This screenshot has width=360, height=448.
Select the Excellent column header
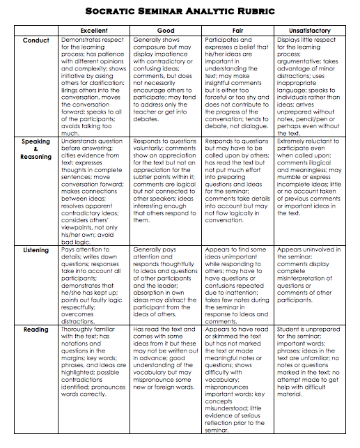(94, 31)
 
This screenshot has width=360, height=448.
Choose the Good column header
(166, 31)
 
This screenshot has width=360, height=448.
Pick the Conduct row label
(36, 40)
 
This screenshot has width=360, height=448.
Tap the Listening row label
(36, 249)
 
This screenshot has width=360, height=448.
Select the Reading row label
(36, 329)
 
